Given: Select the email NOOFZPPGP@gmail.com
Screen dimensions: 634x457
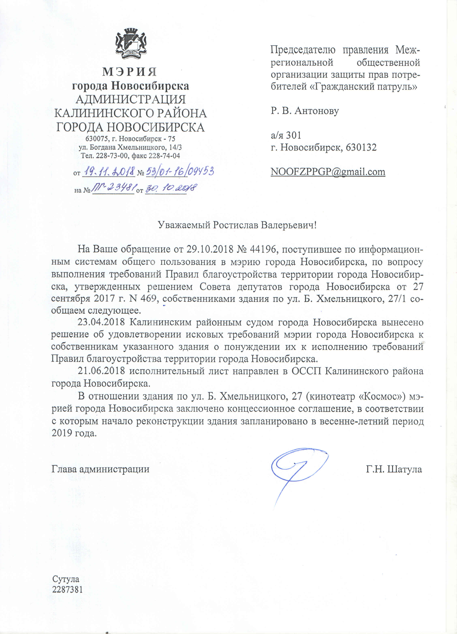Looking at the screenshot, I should (328, 171).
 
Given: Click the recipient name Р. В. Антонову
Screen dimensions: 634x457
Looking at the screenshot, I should (304, 111).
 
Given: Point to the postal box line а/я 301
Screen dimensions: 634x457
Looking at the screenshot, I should (286, 135).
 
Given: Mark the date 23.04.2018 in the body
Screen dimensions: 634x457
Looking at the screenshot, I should (101, 322).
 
